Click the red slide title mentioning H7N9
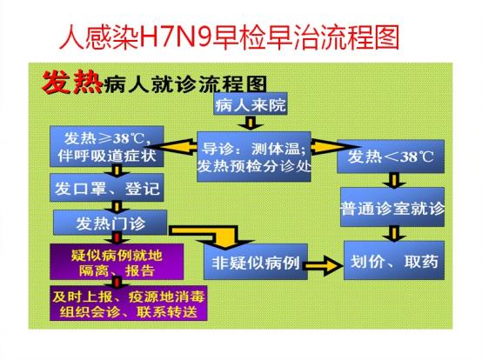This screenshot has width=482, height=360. click(230, 37)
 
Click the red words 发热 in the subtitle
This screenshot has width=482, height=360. click(72, 83)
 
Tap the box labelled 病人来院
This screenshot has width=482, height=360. click(251, 104)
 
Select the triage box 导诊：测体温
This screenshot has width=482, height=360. click(254, 157)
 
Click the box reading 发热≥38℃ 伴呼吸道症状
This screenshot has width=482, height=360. click(107, 146)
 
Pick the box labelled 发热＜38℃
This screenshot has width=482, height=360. click(391, 157)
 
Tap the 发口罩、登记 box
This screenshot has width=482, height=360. click(107, 188)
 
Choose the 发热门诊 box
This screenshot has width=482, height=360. click(110, 223)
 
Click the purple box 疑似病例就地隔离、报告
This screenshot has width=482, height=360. click(117, 262)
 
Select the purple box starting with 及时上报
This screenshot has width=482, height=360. click(129, 303)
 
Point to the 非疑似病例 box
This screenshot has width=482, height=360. click(256, 262)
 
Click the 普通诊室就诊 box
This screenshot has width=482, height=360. click(392, 207)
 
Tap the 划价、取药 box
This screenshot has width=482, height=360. click(394, 261)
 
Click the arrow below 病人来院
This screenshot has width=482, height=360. click(251, 123)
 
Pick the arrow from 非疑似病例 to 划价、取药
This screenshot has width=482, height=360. click(323, 264)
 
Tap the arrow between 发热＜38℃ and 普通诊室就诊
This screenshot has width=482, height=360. click(394, 180)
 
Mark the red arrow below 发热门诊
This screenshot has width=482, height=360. click(117, 238)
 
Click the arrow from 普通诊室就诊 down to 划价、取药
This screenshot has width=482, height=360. click(394, 234)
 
